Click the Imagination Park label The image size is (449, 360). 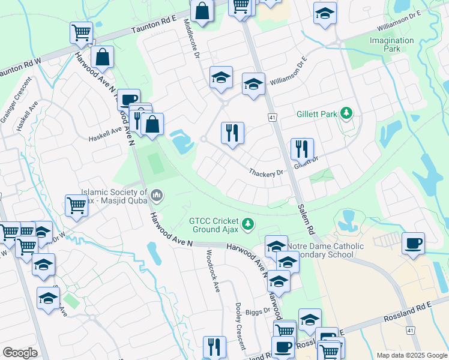click(391, 44)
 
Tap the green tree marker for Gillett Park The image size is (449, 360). click(346, 113)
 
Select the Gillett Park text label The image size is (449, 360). click(317, 113)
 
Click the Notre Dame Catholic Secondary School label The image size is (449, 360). click(325, 250)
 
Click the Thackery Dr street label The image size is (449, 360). click(266, 173)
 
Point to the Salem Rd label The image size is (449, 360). click(306, 218)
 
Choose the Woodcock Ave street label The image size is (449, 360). click(212, 269)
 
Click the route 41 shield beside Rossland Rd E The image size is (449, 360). click(410, 330)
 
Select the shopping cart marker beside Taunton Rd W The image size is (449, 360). click(81, 33)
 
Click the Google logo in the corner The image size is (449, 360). click(20, 353)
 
